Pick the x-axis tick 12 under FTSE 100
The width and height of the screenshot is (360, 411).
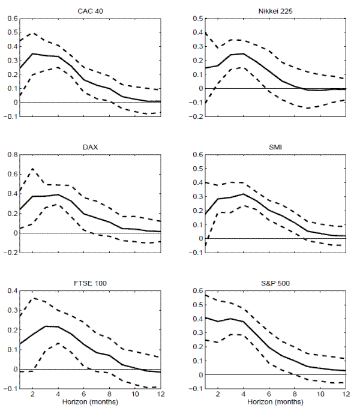click(160, 395)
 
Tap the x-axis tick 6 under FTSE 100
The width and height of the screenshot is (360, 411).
click(83, 395)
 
